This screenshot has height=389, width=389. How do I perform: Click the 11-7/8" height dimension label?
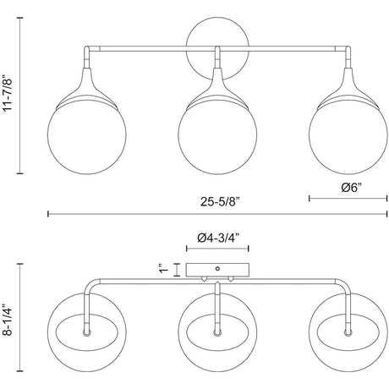pyautogui.click(x=8, y=94)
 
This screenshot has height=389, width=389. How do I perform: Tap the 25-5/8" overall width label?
pyautogui.click(x=220, y=202)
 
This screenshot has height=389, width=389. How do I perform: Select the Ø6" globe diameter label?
pyautogui.click(x=352, y=188)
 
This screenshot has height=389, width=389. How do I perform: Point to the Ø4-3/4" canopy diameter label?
pyautogui.click(x=218, y=238)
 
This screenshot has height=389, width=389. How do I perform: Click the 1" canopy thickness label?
pyautogui.click(x=164, y=269)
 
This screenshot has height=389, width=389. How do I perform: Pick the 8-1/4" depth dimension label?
pyautogui.click(x=8, y=320)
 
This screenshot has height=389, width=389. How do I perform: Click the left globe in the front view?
pyautogui.click(x=87, y=135)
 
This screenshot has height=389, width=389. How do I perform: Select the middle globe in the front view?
pyautogui.click(x=217, y=135)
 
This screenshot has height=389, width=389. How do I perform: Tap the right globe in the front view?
pyautogui.click(x=348, y=135)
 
